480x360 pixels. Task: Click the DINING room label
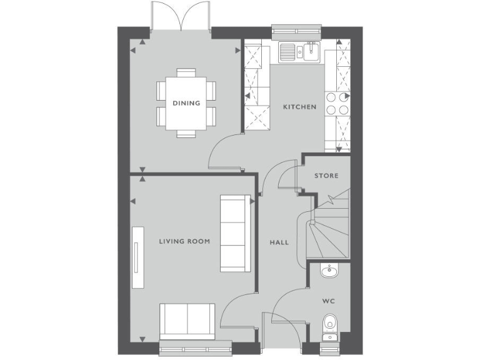click(186, 103)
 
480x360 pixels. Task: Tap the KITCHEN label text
click(299, 107)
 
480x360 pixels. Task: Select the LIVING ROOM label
click(184, 241)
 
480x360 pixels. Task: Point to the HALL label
click(279, 242)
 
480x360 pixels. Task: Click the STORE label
click(326, 176)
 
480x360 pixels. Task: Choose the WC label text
click(329, 301)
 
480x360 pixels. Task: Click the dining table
click(186, 103)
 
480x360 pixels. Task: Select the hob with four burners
click(337, 103)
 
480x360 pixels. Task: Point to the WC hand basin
click(329, 270)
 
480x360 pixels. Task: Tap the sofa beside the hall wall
click(234, 232)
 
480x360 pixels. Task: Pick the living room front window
click(196, 349)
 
